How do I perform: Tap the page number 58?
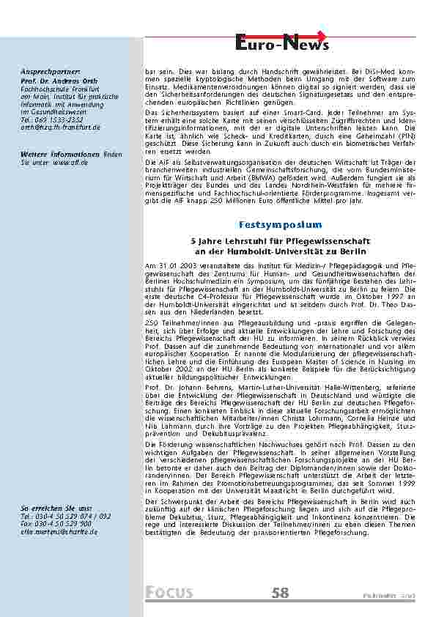[280, 593]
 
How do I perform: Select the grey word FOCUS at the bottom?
[169, 593]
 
